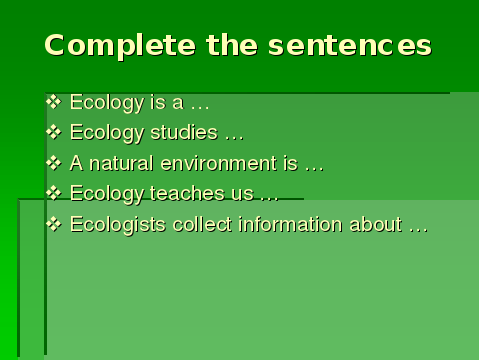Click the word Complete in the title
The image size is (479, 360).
pos(120,46)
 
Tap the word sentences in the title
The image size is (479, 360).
pos(350,45)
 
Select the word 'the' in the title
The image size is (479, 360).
pos(232,45)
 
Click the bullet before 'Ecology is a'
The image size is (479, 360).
pos(54,102)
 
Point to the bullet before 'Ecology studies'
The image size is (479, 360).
pos(54,132)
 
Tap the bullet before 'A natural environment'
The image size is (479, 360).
pos(54,163)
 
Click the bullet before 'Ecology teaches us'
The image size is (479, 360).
pos(54,193)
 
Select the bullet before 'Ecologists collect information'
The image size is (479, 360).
pos(54,224)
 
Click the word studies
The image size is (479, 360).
pos(184,132)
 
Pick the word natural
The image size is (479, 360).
pos(121,163)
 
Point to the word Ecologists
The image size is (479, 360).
pos(118,225)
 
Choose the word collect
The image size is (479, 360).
pos(202,224)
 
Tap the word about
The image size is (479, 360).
pos(375,224)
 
